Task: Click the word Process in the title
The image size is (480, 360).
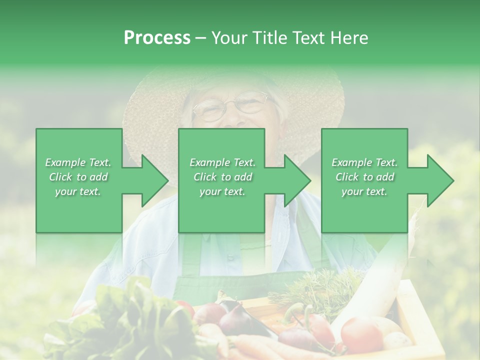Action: click(x=157, y=38)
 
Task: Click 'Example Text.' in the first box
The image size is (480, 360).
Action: click(x=78, y=162)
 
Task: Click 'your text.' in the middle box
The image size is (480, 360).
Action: click(x=222, y=191)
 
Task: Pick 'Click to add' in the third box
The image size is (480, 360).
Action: click(x=364, y=177)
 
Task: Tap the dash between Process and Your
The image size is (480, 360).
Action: click(x=200, y=38)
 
